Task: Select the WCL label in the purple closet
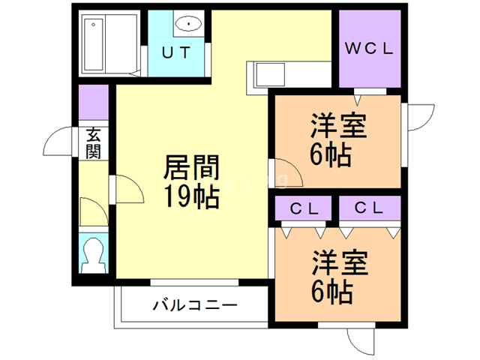[368, 50]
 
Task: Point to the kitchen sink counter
[289, 74]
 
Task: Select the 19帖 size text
[190, 198]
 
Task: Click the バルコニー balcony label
[195, 306]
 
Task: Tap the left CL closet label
[304, 208]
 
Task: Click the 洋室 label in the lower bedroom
[339, 264]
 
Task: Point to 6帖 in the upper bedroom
[331, 155]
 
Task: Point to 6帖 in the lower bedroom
[331, 292]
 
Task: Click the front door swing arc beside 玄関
[58, 142]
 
